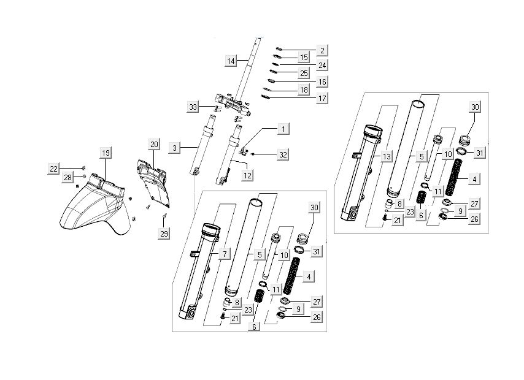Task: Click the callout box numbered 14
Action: pos(231,61)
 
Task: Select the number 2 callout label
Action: pos(322,50)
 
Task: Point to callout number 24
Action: pos(322,65)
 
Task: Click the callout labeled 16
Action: pos(322,82)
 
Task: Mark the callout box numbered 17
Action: pos(322,97)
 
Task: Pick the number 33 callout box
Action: pos(194,108)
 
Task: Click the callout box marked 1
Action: pos(282,129)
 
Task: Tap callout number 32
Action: pos(282,155)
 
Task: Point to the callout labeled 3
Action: pos(175,148)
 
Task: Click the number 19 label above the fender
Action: pos(106,152)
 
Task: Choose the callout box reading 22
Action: pos(54,169)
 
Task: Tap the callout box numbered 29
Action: pos(164,233)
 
